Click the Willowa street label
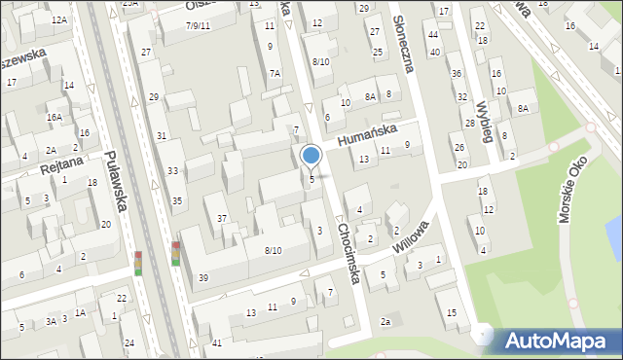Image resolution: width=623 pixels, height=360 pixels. pyautogui.click(x=412, y=237)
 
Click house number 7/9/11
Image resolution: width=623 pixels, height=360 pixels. pyautogui.click(x=198, y=25)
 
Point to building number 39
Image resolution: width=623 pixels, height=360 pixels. pyautogui.click(x=203, y=278)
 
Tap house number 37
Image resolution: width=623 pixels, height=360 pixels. pyautogui.click(x=222, y=219)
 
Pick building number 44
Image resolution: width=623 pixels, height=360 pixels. pyautogui.click(x=433, y=33)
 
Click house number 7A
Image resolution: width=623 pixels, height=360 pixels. pyautogui.click(x=275, y=73)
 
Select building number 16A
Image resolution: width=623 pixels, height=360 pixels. pyautogui.click(x=54, y=117)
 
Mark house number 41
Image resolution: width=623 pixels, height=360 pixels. pyautogui.click(x=216, y=342)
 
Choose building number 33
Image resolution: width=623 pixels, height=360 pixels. pyautogui.click(x=172, y=171)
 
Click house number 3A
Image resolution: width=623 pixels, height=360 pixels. pyautogui.click(x=50, y=321)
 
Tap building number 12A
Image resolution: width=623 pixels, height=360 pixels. pyautogui.click(x=59, y=20)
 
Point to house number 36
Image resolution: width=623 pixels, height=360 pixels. pyautogui.click(x=456, y=74)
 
